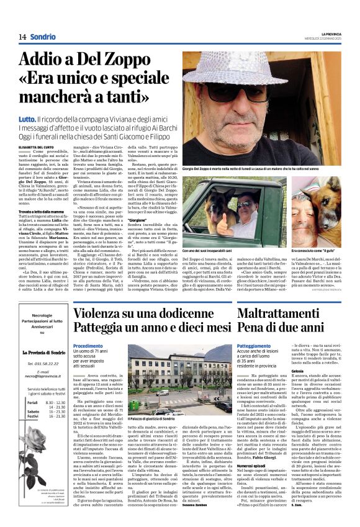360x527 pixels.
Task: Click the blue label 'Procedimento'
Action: point(88,346)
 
